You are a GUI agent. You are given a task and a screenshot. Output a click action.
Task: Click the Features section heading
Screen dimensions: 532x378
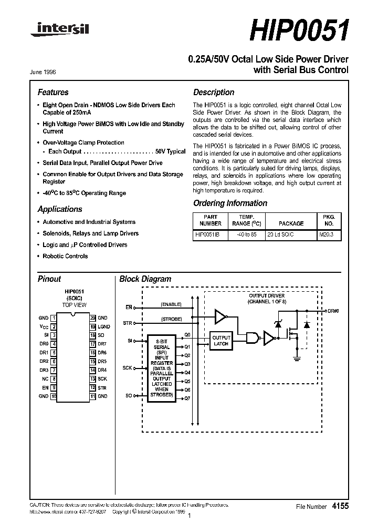(x=53, y=93)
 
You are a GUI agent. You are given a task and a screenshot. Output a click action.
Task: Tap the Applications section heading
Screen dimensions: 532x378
(x=60, y=209)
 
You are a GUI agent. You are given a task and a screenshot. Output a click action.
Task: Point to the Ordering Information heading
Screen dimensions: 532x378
(x=230, y=203)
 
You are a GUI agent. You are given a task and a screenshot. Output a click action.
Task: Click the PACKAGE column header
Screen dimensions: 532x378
(x=291, y=223)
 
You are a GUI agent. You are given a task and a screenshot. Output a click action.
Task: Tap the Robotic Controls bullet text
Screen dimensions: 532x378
(x=65, y=257)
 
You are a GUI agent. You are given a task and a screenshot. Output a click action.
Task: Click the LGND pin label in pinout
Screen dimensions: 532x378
(x=103, y=326)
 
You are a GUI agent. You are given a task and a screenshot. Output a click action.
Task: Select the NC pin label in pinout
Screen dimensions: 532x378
(x=45, y=378)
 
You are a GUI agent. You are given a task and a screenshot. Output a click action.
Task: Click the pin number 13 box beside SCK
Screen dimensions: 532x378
(x=92, y=378)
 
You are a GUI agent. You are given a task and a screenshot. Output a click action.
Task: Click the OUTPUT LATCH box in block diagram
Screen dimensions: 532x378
(x=221, y=340)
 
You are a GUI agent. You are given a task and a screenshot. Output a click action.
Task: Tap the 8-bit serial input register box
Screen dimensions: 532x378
(x=162, y=367)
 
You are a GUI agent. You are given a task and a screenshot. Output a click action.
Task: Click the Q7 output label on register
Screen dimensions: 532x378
(x=187, y=398)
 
